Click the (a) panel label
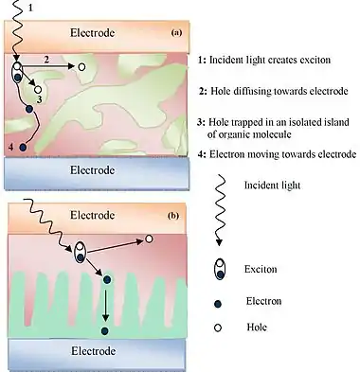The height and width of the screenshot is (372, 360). click(176, 32)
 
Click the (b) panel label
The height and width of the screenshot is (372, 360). click(173, 216)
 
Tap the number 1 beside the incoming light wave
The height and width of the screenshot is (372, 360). click(30, 8)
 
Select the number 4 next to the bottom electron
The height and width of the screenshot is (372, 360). click(11, 147)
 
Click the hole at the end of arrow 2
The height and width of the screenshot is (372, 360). click(81, 67)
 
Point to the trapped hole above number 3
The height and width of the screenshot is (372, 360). click(38, 89)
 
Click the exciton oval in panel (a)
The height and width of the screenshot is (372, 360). click(17, 72)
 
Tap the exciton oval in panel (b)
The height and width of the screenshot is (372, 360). click(81, 253)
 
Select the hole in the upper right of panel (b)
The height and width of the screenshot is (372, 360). click(149, 239)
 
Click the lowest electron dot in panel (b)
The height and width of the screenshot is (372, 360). click(105, 331)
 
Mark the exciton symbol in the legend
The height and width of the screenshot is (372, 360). click(220, 269)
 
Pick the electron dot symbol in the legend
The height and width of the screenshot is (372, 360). click(218, 304)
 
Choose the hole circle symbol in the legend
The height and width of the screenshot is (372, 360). click(218, 328)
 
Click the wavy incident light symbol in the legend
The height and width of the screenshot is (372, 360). click(220, 210)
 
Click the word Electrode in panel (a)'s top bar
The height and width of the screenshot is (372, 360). click(92, 33)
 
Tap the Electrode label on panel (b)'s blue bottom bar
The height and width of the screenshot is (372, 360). click(93, 351)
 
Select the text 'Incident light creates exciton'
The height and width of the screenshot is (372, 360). click(270, 60)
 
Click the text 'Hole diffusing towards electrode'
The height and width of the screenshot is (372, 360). click(279, 91)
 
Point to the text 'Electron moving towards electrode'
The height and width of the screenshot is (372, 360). click(283, 154)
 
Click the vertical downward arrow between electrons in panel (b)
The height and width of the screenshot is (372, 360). click(106, 305)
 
